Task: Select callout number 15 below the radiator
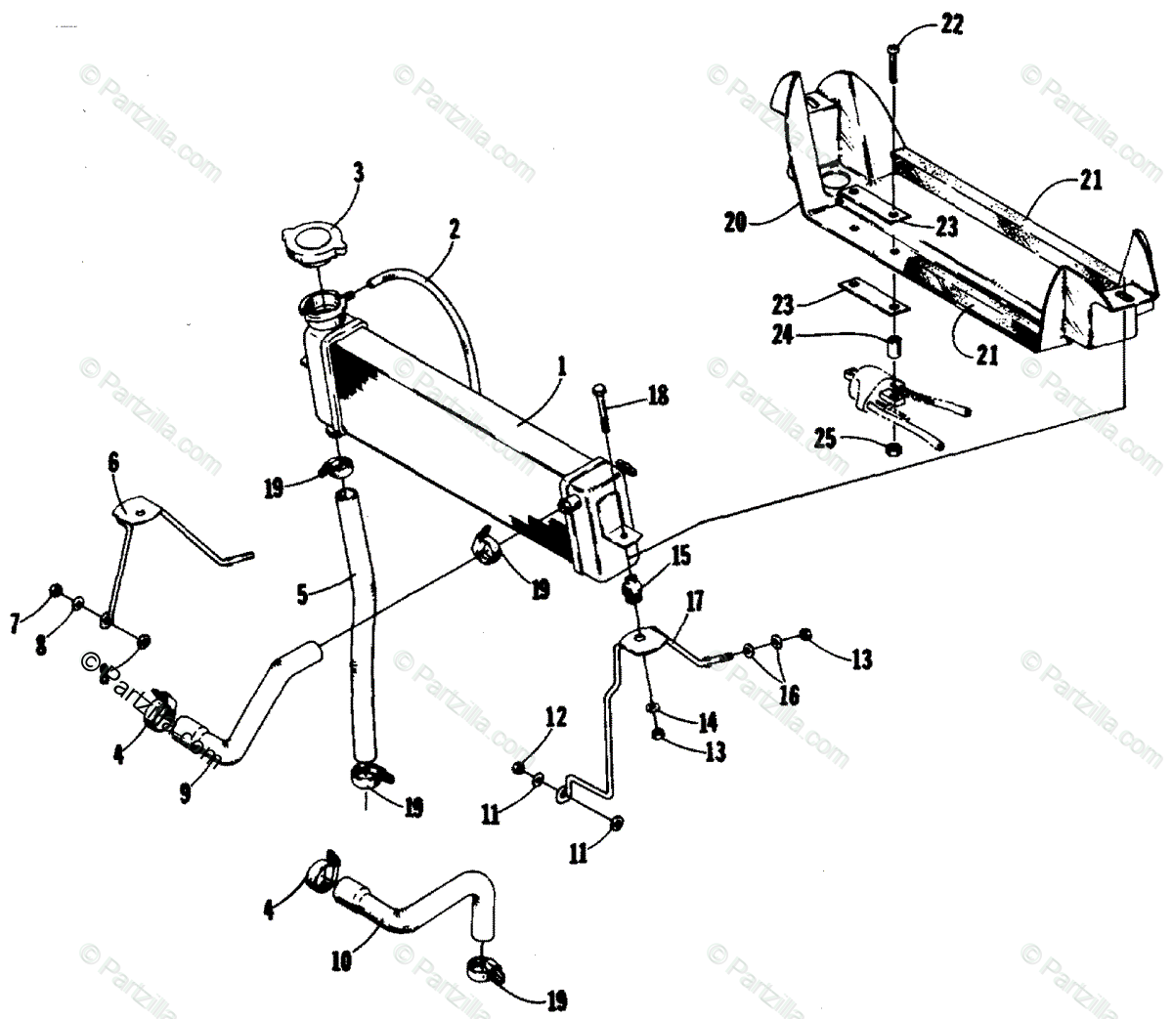(680, 556)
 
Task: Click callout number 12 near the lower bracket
(555, 718)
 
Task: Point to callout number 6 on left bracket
(113, 462)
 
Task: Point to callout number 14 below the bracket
(707, 722)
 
